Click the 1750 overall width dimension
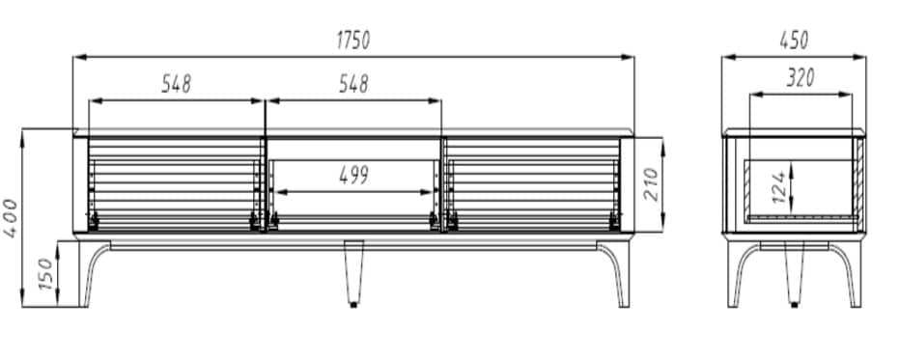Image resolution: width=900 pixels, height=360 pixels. coord(353,41)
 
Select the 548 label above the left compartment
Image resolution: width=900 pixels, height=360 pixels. coord(176,84)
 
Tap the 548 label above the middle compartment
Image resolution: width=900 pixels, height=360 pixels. coord(353,84)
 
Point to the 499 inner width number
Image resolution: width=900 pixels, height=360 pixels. coord(353,176)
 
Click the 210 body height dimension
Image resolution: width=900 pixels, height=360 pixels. coord(651,184)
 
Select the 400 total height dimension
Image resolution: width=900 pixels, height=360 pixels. coord(11,218)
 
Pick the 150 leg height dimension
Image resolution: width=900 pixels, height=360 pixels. coord(45,274)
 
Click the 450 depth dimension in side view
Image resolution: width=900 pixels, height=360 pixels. coord(794,41)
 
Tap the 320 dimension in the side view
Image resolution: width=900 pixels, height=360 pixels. coord(801,77)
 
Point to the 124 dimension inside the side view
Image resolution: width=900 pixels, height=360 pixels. coord(778,187)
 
